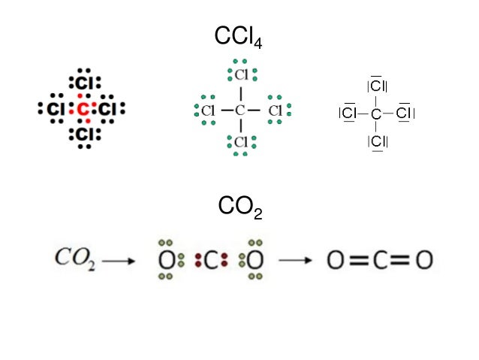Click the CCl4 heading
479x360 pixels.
(239, 36)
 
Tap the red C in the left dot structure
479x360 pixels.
(83, 110)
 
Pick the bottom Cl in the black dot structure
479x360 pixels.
(84, 135)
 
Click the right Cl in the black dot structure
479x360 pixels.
(108, 110)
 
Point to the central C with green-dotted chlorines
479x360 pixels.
(240, 110)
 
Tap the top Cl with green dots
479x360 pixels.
(241, 75)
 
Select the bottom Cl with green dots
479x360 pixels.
(241, 142)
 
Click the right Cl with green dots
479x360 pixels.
(276, 110)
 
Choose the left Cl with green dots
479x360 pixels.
(208, 110)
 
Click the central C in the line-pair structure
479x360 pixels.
(377, 113)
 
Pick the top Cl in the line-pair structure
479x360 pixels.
(377, 86)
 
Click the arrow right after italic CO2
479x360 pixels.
(119, 261)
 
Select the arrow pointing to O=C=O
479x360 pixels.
(296, 261)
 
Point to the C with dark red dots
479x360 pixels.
(211, 261)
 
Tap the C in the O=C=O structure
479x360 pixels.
(380, 261)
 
